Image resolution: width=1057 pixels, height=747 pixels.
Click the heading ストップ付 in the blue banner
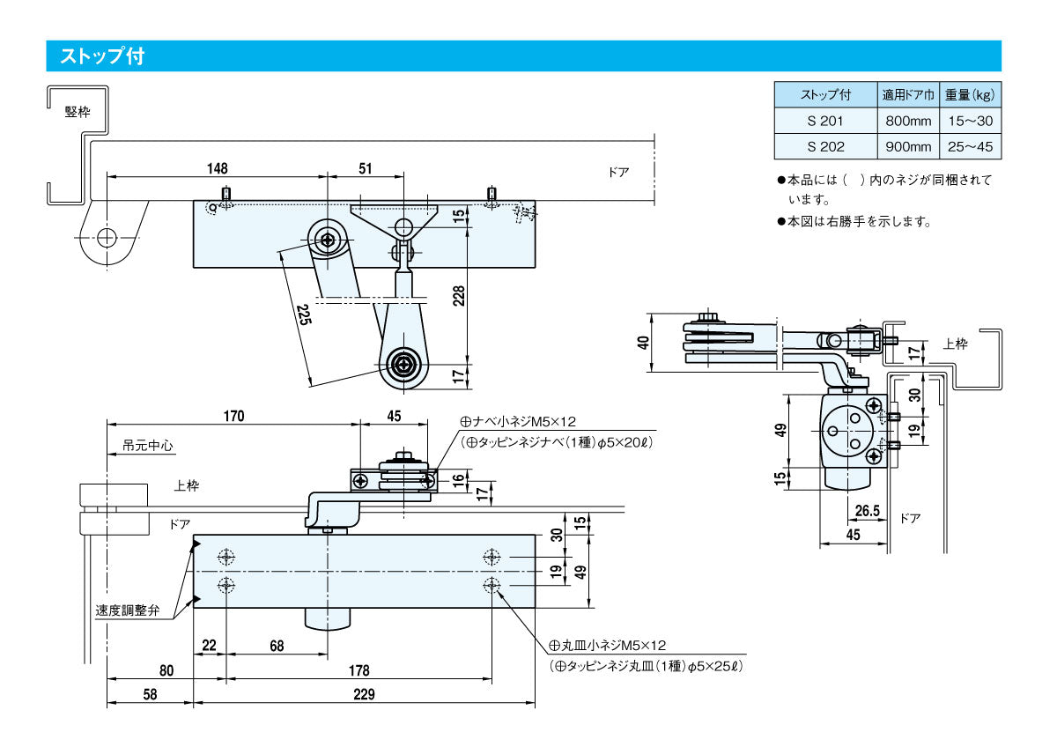[101, 56]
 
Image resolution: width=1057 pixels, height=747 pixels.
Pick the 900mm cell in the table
[907, 146]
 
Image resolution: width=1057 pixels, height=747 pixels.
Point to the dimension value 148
[217, 168]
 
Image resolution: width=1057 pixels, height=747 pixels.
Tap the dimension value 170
[233, 416]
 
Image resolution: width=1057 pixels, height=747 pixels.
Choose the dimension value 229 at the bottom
[363, 694]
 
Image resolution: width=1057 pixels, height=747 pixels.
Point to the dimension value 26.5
[868, 511]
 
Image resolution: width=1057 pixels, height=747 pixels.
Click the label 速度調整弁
[128, 610]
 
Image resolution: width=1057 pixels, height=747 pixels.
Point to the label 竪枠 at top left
[78, 112]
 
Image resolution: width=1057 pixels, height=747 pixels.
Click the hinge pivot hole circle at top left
[107, 237]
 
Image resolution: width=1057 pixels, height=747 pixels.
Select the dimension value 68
[277, 646]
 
